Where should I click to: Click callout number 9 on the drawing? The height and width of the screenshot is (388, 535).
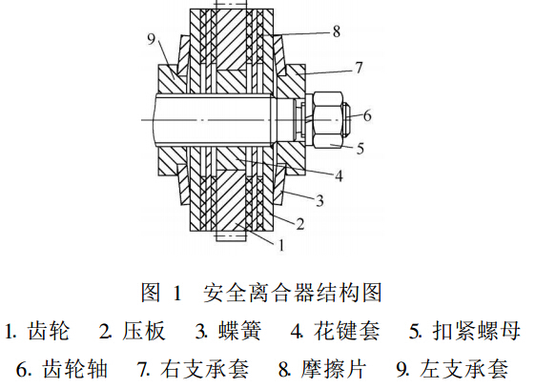pyautogui.click(x=151, y=39)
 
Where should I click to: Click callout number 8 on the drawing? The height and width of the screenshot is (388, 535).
pyautogui.click(x=337, y=31)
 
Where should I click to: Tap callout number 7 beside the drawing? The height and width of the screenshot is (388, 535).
pyautogui.click(x=359, y=68)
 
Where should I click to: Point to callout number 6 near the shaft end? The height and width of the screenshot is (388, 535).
pyautogui.click(x=367, y=115)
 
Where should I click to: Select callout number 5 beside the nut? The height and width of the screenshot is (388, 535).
pyautogui.click(x=360, y=149)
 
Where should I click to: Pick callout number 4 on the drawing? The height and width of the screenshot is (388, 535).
pyautogui.click(x=339, y=176)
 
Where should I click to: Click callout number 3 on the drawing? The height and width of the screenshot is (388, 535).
pyautogui.click(x=319, y=200)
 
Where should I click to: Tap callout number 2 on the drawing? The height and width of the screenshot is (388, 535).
pyautogui.click(x=299, y=224)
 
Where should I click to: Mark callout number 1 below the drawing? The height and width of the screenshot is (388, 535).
pyautogui.click(x=281, y=245)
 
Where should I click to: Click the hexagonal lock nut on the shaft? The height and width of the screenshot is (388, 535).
pyautogui.click(x=327, y=120)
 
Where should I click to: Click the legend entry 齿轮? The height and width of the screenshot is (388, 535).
pyautogui.click(x=49, y=331)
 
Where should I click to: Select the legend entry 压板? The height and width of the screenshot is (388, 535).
pyautogui.click(x=144, y=331)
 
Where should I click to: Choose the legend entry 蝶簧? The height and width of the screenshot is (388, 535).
pyautogui.click(x=240, y=331)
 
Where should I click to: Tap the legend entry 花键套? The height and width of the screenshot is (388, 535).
pyautogui.click(x=347, y=331)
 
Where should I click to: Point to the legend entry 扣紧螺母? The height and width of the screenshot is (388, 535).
pyautogui.click(x=477, y=331)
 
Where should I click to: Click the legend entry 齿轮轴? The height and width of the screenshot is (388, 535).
pyautogui.click(x=75, y=369)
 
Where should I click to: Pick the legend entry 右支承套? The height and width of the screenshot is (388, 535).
pyautogui.click(x=205, y=369)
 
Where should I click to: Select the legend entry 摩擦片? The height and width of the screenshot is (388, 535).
pyautogui.click(x=333, y=369)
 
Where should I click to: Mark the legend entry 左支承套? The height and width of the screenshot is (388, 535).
pyautogui.click(x=464, y=369)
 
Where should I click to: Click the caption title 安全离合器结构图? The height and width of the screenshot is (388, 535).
pyautogui.click(x=293, y=293)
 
